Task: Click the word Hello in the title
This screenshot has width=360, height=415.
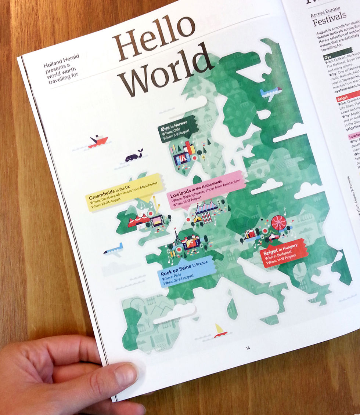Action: [x=154, y=37]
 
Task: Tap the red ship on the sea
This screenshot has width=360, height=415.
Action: [x=98, y=141]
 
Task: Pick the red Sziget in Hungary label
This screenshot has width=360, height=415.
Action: [x=282, y=253]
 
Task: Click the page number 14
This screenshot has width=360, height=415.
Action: [x=248, y=348]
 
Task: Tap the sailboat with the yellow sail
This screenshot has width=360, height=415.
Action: [x=220, y=330]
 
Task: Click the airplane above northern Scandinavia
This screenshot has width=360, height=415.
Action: [x=271, y=93]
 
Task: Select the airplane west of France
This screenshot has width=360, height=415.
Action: [x=113, y=250]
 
